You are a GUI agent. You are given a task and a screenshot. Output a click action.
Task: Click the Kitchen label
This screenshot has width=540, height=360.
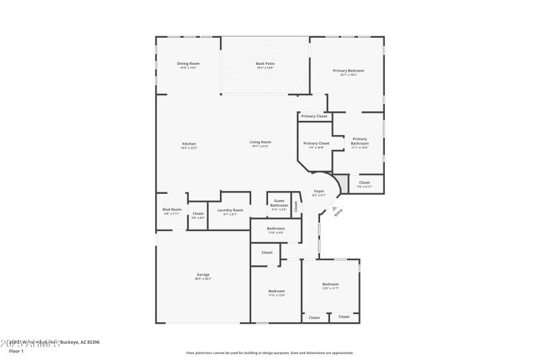(189, 145)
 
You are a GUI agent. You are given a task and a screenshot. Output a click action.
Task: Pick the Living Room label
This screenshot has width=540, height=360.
(260, 143)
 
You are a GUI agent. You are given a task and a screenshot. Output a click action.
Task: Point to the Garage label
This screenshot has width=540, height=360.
(202, 276)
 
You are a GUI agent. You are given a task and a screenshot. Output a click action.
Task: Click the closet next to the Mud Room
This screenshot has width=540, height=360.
(198, 215)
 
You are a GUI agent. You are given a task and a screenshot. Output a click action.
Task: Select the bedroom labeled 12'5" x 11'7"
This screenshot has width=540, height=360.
(330, 286)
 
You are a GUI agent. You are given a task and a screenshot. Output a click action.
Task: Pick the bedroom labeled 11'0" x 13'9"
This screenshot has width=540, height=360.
(276, 292)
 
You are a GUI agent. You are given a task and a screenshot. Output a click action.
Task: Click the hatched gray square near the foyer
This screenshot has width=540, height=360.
(344, 182)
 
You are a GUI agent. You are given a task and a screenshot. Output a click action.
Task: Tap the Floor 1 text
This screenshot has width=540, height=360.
(16, 351)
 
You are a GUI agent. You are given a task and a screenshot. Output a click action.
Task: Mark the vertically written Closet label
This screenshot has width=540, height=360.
(296, 205)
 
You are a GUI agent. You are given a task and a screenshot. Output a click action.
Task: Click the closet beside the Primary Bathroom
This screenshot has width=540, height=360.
(364, 184)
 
